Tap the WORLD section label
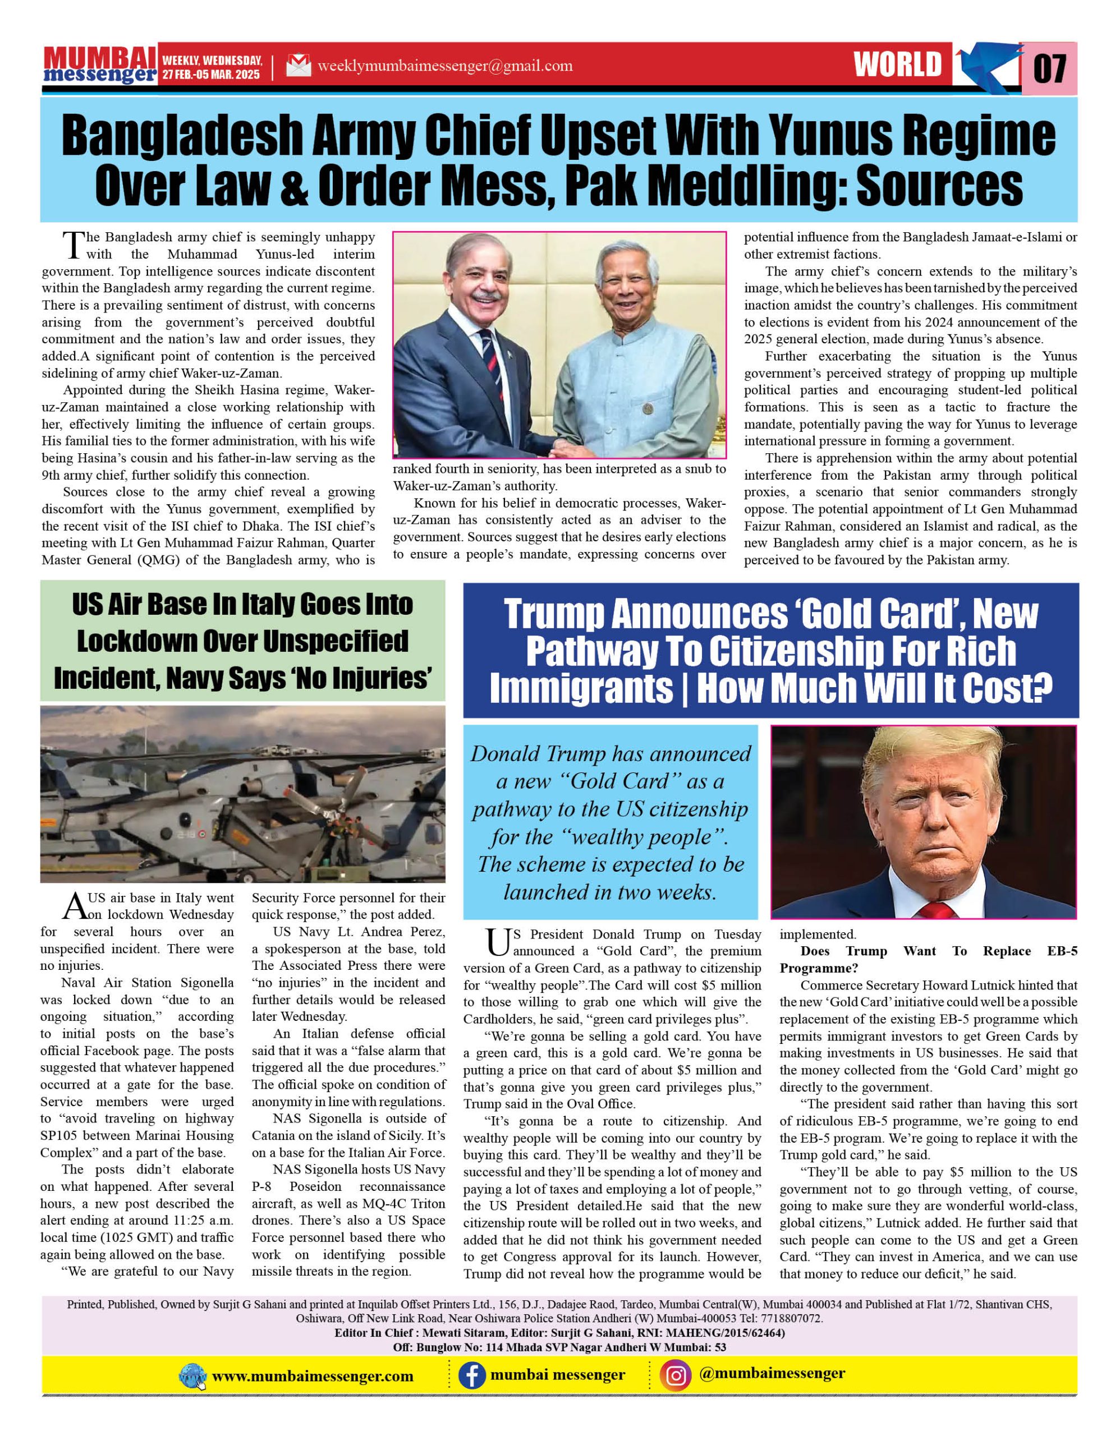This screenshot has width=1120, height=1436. pos(898,65)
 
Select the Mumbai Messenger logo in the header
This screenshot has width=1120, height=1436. pos(100,65)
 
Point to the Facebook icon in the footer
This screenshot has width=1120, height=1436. pos(471,1375)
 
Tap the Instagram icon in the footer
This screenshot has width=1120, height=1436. pos(677,1375)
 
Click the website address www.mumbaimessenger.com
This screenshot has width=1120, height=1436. pos(313,1376)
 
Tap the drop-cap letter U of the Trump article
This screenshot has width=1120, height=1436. pos(497,943)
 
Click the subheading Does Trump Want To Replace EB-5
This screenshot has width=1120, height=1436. pos(928,959)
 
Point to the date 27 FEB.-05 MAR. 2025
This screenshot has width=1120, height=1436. pos(211,74)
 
